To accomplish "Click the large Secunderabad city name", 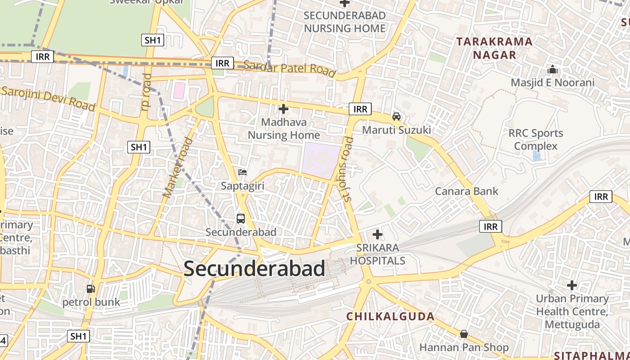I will pyautogui.click(x=254, y=269).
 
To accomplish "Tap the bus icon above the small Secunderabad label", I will pyautogui.click(x=241, y=219).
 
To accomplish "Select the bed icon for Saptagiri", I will pyautogui.click(x=243, y=172).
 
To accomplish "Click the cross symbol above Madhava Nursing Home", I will pyautogui.click(x=283, y=109).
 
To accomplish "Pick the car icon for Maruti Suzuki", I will pyautogui.click(x=396, y=116).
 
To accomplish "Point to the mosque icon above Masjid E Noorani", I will pyautogui.click(x=553, y=70).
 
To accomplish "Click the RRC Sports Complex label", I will pyautogui.click(x=535, y=139).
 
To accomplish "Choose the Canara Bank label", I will pyautogui.click(x=467, y=191).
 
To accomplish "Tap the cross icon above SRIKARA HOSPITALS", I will pyautogui.click(x=378, y=234).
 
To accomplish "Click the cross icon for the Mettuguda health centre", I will pyautogui.click(x=572, y=285).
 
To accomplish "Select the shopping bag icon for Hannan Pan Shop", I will pyautogui.click(x=464, y=334).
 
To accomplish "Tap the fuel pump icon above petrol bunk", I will pyautogui.click(x=91, y=288).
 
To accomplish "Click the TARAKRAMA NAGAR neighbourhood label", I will pyautogui.click(x=494, y=48).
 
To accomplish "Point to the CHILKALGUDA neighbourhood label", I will pyautogui.click(x=390, y=316).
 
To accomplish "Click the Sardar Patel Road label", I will pyautogui.click(x=290, y=68).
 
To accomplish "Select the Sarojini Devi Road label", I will pyautogui.click(x=48, y=98).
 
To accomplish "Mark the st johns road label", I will pyautogui.click(x=347, y=169).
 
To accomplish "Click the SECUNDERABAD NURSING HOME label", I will pyautogui.click(x=345, y=22).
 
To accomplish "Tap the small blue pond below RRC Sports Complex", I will pyautogui.click(x=536, y=156).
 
